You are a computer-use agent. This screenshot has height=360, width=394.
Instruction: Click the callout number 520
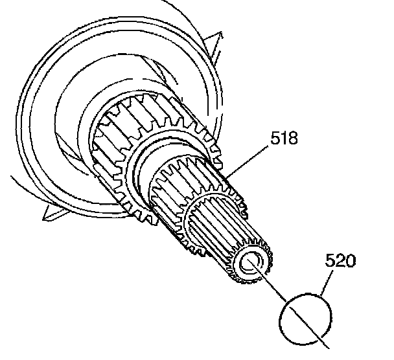(x=340, y=262)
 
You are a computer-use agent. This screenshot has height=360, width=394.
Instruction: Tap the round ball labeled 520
(x=305, y=316)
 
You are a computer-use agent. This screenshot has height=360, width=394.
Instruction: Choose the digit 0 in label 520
(x=350, y=262)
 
